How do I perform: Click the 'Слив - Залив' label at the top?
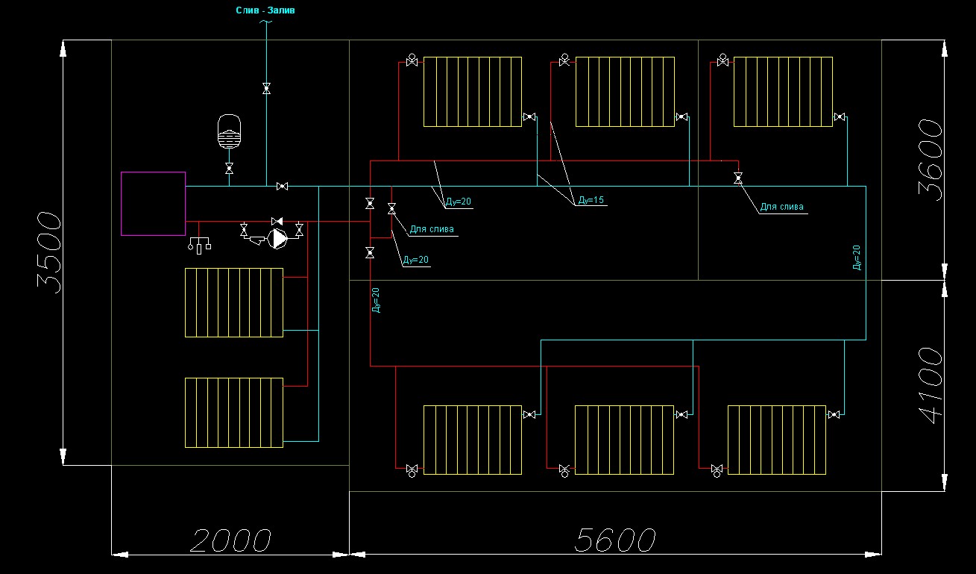tap(265, 10)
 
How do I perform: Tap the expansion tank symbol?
tap(229, 131)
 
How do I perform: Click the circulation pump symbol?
tap(277, 239)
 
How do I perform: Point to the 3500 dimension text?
tap(49, 252)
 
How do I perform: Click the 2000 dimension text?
tap(230, 541)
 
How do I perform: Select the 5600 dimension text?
tap(615, 540)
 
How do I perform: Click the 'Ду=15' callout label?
tap(591, 200)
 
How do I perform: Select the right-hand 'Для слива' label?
tap(781, 207)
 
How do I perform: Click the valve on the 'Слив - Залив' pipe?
tap(267, 89)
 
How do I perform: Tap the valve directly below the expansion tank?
tap(229, 169)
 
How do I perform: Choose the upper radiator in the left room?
tap(234, 303)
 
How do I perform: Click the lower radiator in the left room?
tap(234, 413)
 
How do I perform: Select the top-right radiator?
tap(783, 92)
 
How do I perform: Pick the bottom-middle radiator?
tap(624, 440)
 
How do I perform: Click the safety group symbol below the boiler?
tap(200, 245)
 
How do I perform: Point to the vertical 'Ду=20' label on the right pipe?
tap(857, 258)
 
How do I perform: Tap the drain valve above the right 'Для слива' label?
tap(738, 178)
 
